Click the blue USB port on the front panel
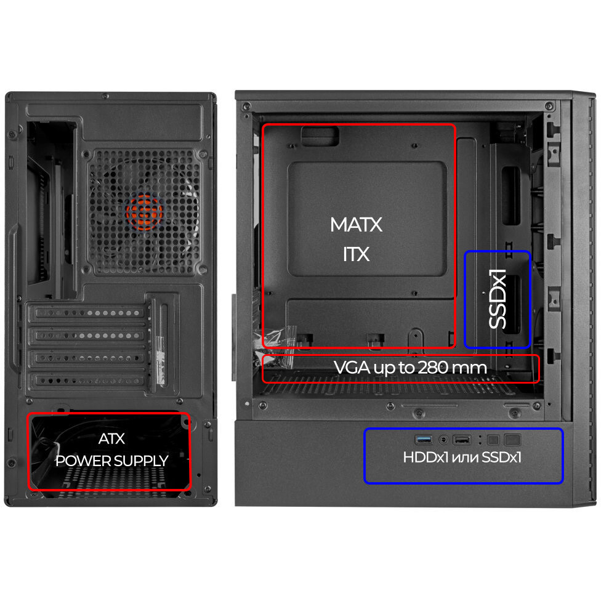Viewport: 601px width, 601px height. tap(424, 439)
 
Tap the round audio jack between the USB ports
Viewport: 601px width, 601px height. tap(443, 439)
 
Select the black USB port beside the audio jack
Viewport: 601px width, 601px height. tap(462, 439)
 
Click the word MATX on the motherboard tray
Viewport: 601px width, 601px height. tap(356, 225)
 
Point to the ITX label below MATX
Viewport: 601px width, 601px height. tap(356, 254)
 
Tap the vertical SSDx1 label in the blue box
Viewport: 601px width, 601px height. tap(498, 299)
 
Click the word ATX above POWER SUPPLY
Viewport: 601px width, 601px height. tap(111, 438)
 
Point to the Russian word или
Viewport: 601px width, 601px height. tap(465, 458)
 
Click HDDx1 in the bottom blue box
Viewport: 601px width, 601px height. tap(426, 457)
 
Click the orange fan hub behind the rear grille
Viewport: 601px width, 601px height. tap(144, 212)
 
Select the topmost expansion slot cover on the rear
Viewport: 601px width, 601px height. tap(88, 313)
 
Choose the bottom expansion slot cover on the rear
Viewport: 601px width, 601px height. tap(88, 381)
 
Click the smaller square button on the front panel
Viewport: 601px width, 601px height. tap(493, 440)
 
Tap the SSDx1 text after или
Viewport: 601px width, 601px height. tap(501, 457)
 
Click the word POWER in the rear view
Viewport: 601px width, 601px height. tap(78, 461)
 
